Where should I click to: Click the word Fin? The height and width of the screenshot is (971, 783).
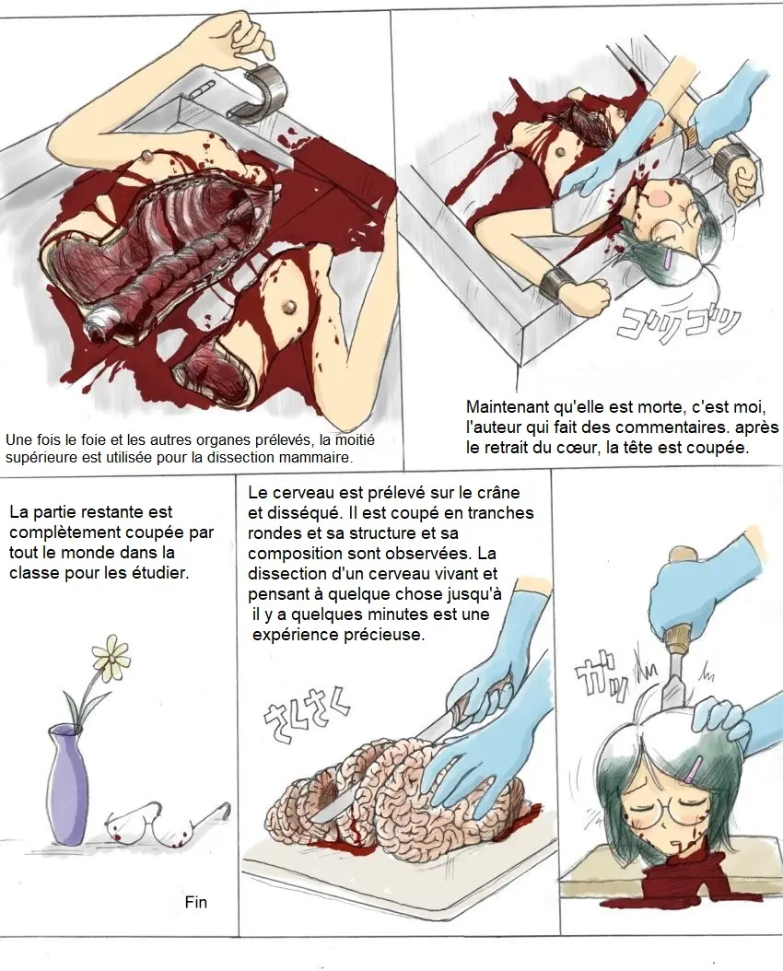(195, 902)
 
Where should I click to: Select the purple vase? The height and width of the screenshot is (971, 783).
(66, 783)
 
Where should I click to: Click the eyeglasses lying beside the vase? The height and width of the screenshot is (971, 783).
(167, 823)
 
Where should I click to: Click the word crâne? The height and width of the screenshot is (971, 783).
(499, 493)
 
